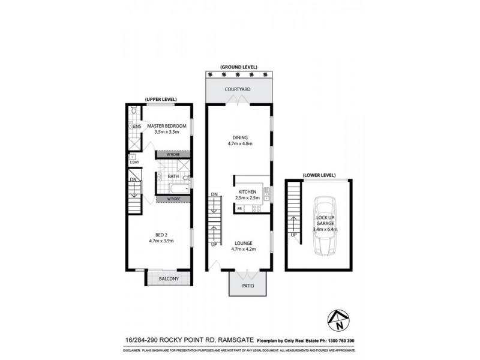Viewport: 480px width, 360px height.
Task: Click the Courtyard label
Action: pos(238,89)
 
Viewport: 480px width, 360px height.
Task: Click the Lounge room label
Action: pos(238,243)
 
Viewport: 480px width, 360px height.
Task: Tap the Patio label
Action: pos(248,286)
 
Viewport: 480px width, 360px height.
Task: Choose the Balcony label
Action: pos(169,279)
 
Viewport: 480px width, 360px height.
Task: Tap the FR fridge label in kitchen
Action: pos(239,208)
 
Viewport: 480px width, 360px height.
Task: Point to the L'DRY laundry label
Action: pos(134,162)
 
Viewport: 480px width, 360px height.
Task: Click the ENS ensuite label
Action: pos(137,126)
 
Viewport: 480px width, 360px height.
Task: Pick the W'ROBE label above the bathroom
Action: pos(173,155)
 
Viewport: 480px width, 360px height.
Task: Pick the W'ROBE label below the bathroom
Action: pos(173,199)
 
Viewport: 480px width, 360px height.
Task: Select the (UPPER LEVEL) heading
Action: pos(159,98)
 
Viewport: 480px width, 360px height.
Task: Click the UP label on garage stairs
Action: pos(293,235)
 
